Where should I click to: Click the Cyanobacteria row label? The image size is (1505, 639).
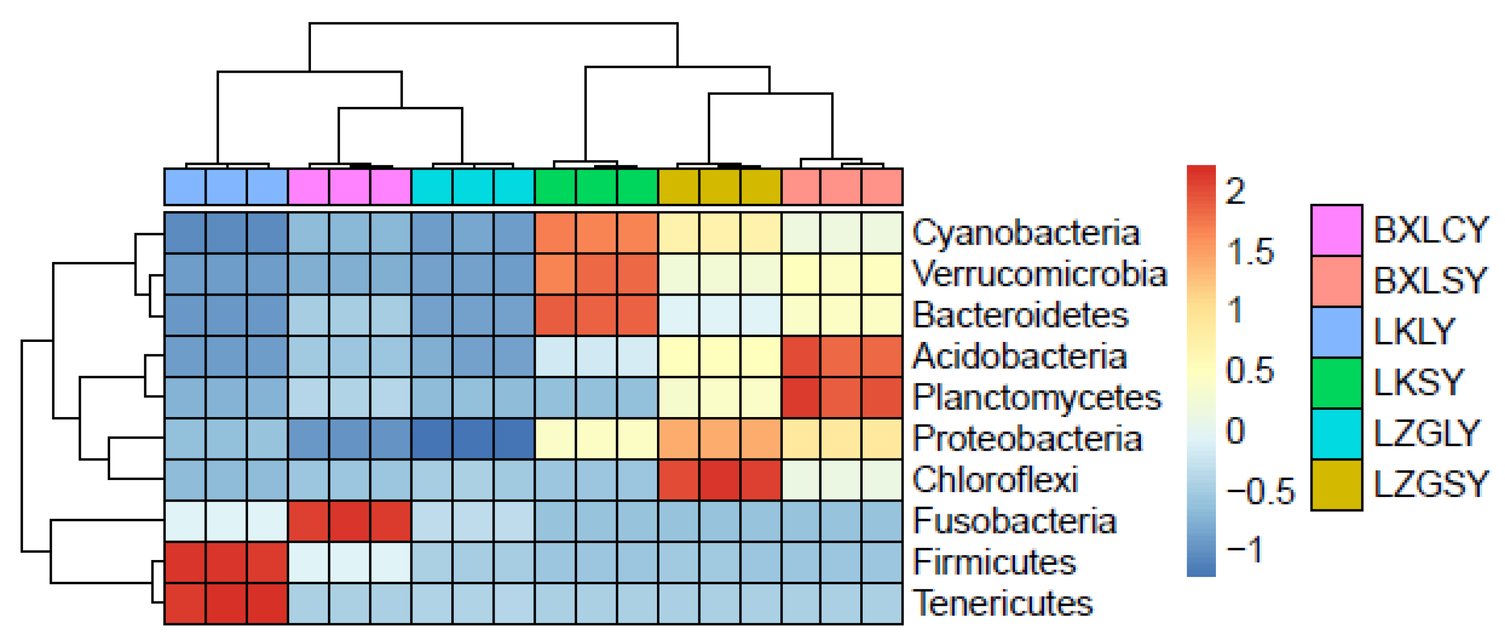point(1025,233)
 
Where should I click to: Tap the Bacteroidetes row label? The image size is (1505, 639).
point(1020,315)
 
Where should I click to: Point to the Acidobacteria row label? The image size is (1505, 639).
point(1020,356)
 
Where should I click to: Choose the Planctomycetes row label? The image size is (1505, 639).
point(1037,398)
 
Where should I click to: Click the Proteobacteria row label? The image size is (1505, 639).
point(1027,439)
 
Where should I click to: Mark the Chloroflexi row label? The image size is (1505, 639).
point(995,480)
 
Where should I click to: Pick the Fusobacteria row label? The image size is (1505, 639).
point(1014,521)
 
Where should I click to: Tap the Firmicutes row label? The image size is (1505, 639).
point(994,562)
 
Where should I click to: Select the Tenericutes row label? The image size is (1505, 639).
point(1003,603)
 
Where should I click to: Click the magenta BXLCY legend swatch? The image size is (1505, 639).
point(1336,230)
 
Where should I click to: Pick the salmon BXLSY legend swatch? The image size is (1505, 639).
point(1336,281)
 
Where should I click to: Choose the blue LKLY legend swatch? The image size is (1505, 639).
point(1336,332)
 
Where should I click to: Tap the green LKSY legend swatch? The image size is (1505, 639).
point(1336,383)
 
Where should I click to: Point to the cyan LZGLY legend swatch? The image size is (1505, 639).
point(1336,434)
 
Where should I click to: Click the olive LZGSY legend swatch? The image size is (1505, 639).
point(1336,485)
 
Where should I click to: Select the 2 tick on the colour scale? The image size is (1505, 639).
point(1235,191)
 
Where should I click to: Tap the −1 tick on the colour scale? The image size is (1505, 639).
point(1244,550)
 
